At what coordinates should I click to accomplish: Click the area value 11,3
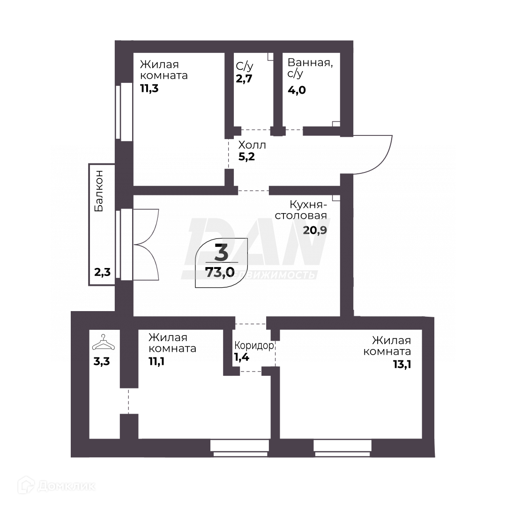pos(149,88)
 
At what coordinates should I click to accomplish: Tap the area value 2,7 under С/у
pos(244,79)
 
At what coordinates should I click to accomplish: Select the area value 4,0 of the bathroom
pos(297,90)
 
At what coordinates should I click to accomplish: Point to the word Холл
pos(252,145)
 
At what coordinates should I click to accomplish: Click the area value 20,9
pos(315,230)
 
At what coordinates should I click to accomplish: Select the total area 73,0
pos(220,273)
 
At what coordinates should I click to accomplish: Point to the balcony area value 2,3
pos(102,272)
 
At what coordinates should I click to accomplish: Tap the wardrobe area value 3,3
pos(103,362)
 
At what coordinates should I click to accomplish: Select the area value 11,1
pos(158,362)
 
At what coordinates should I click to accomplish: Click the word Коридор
pos(254,346)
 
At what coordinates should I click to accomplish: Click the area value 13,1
pos(402,364)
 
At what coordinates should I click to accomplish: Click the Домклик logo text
pos(66,486)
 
